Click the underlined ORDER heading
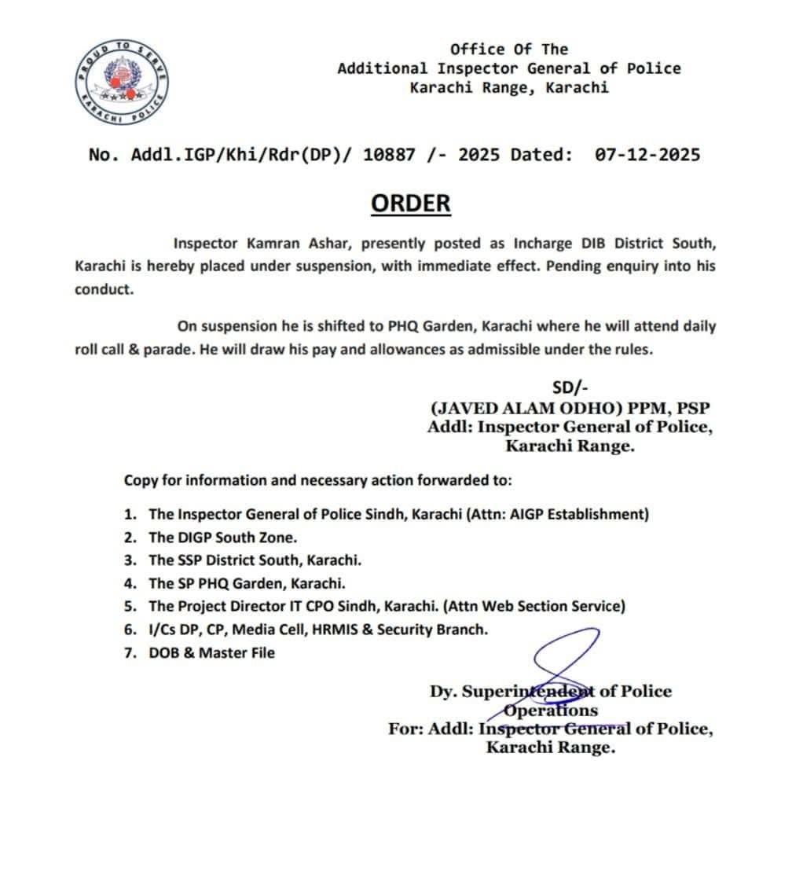pos(411,203)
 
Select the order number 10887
pos(389,155)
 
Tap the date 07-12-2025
pos(647,155)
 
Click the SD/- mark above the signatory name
pos(570,387)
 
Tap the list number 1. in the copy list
pos(130,515)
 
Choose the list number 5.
pos(130,607)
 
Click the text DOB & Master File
pos(211,652)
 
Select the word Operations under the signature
pos(550,711)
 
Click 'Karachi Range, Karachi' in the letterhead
pos(508,87)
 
